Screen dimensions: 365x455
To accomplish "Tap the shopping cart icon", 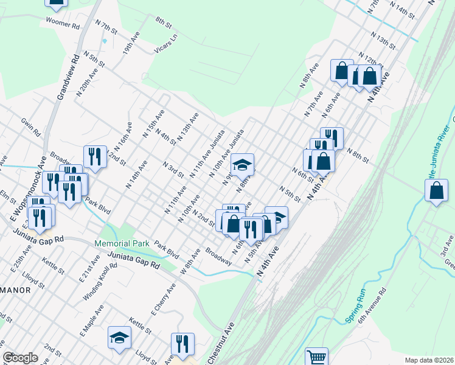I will pyautogui.click(x=316, y=358).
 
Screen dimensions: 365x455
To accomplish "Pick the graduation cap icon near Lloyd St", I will pyautogui.click(x=119, y=337).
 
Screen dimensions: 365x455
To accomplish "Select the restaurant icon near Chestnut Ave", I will pyautogui.click(x=182, y=343).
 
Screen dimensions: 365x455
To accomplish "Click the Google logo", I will pyautogui.click(x=20, y=358).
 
